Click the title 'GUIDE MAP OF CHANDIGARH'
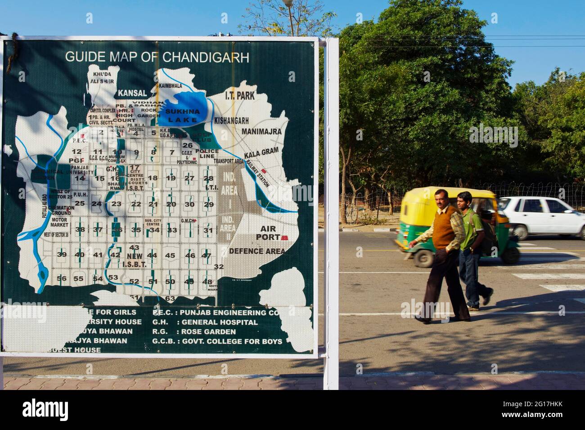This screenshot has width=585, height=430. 157,57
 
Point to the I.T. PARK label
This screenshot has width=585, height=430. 240,95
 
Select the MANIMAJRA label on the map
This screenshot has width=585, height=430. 261,131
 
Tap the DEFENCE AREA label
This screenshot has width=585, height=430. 257,251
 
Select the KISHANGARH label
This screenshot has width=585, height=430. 231,121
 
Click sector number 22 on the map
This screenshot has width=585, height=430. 136,204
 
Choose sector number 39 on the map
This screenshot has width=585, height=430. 62,255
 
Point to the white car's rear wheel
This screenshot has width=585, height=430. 520,232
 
